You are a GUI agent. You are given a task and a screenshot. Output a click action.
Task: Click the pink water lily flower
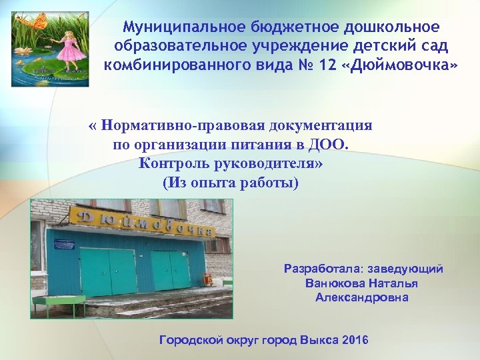click(x=27, y=71)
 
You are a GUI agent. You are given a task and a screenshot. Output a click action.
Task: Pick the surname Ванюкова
click(x=333, y=283)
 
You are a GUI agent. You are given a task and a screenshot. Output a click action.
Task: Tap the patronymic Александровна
click(x=362, y=297)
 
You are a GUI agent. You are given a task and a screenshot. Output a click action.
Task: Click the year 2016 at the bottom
click(x=353, y=340)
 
